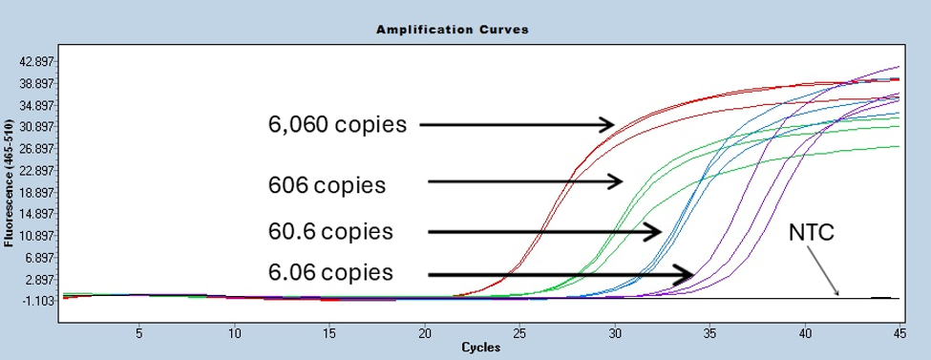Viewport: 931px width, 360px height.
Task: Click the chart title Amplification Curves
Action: [453, 29]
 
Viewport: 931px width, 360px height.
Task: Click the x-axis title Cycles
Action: [481, 348]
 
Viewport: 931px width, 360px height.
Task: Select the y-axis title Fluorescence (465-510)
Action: [10, 180]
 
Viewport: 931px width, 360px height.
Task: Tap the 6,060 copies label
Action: [337, 124]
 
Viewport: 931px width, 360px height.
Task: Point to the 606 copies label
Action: [328, 184]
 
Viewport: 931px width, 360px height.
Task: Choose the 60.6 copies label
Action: [330, 231]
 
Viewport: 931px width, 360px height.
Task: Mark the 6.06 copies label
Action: [330, 272]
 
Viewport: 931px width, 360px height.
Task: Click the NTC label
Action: [812, 232]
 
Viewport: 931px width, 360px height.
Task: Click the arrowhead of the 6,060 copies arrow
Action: [607, 125]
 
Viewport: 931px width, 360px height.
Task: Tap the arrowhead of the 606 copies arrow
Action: [616, 181]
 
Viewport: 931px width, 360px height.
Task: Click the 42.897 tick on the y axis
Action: [37, 62]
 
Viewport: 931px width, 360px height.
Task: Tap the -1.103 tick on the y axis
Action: [38, 301]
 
